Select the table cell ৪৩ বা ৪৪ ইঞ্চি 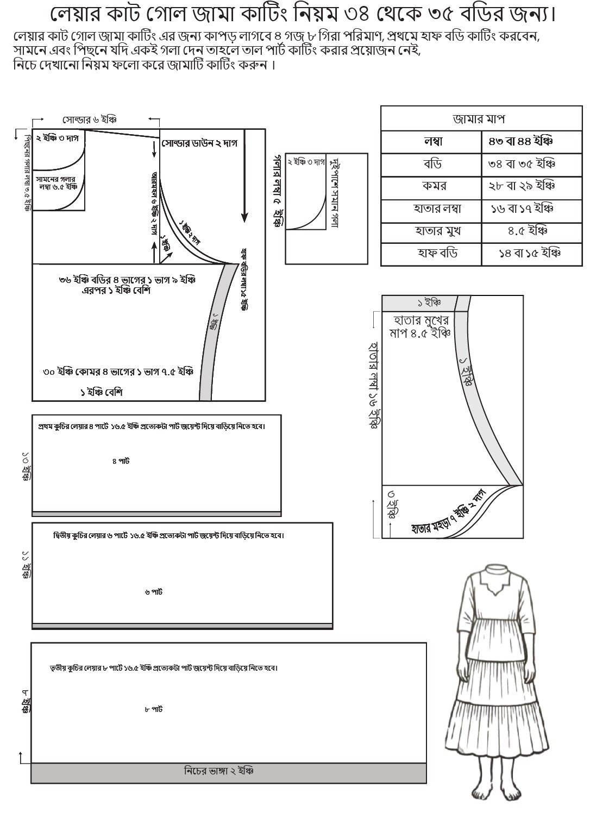coord(519,142)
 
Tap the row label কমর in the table coord(434,186)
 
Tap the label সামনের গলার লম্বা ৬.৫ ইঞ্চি coord(57,182)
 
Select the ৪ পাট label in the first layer coord(121,461)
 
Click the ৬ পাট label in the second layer coord(154,592)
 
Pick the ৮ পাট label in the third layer coord(154,709)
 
